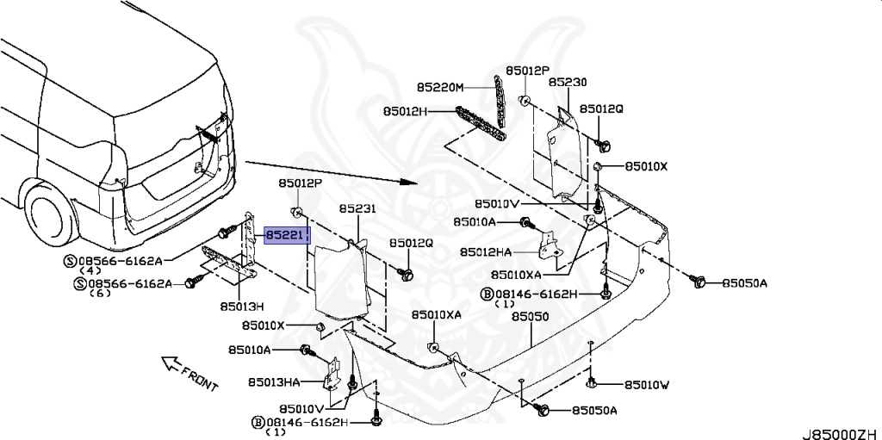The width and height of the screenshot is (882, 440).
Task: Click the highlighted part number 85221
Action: pos(286,233)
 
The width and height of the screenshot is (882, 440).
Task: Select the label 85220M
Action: pos(440,88)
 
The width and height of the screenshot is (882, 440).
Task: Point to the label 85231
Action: pos(357,209)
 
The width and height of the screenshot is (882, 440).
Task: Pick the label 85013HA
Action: pos(274,381)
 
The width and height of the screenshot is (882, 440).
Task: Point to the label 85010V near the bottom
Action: pos(301,407)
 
